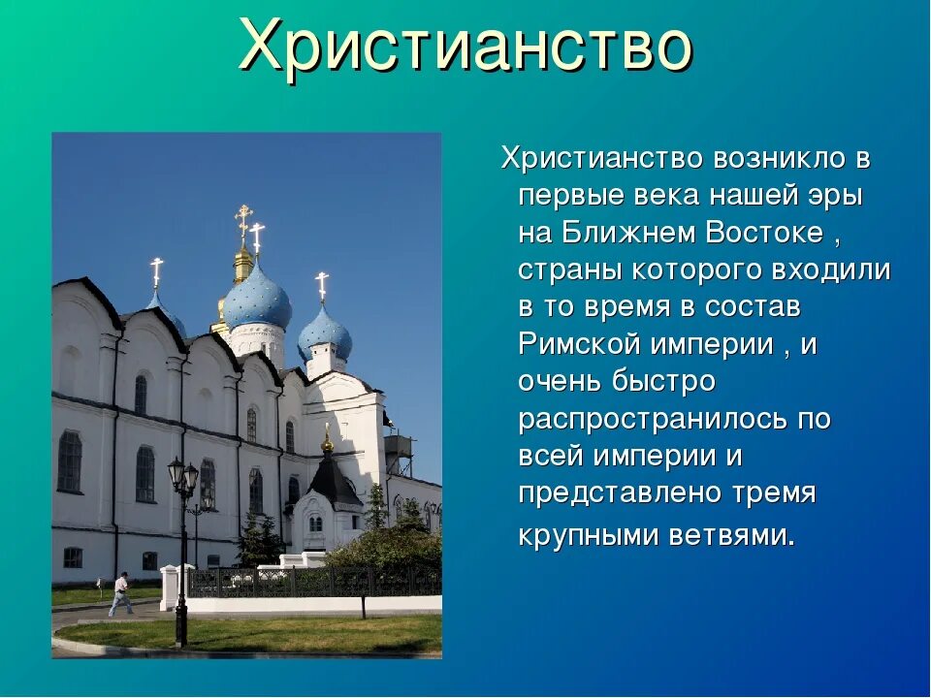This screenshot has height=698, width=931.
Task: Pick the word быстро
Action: [663, 381]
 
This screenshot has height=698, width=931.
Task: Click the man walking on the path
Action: [121, 593]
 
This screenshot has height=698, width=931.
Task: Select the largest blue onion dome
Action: [256, 299]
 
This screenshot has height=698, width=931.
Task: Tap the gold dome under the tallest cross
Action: [243, 263]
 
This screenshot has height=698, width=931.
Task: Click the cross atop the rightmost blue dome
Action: [322, 285]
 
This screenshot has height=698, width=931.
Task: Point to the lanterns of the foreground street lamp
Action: [183, 475]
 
